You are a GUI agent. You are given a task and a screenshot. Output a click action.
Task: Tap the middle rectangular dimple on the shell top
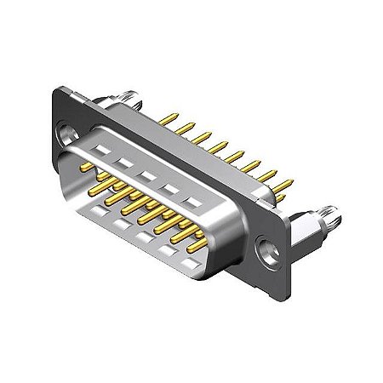click(x=150, y=175)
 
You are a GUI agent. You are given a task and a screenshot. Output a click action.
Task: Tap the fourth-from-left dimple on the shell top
click(x=174, y=190)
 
